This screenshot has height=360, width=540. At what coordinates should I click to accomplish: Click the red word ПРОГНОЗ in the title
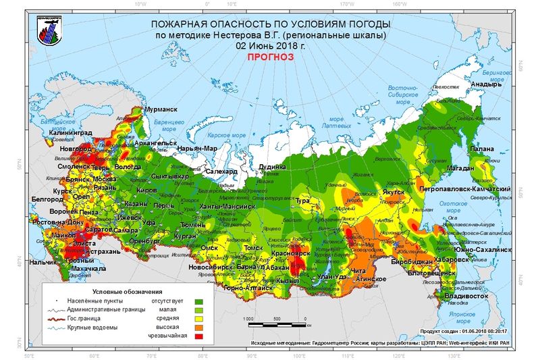coord(270,57)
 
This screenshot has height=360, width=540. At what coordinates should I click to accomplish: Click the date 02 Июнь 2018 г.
coord(270,46)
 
